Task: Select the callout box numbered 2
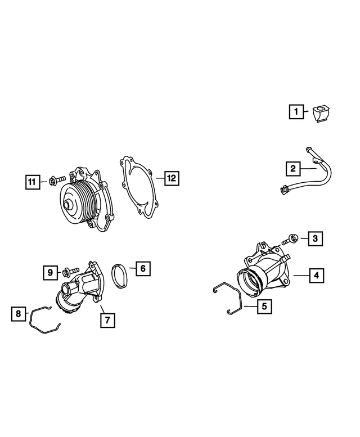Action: click(292, 168)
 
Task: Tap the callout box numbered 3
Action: click(315, 239)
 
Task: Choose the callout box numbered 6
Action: click(143, 269)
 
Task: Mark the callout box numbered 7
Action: click(107, 319)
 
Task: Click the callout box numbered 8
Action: click(18, 313)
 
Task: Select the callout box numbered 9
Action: click(51, 273)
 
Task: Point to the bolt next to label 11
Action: click(56, 181)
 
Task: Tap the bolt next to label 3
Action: click(290, 240)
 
